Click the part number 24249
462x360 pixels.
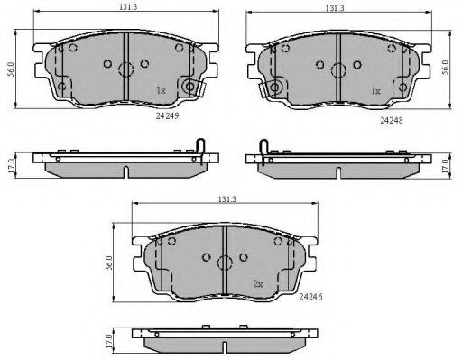tap(168, 115)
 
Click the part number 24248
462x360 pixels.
tap(392, 120)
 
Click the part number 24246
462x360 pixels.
tap(310, 297)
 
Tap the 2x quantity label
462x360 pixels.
tap(258, 283)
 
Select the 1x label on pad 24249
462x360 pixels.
tap(161, 90)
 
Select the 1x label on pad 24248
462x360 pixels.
tap(375, 90)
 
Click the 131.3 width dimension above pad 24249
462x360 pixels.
tap(128, 6)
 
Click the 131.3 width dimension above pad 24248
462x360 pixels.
tap(335, 8)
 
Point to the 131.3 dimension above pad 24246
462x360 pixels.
tap(227, 198)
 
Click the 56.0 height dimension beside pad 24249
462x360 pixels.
tap(11, 69)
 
